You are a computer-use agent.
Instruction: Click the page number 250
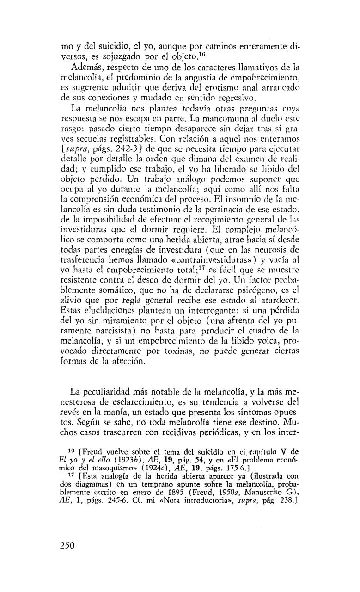(67, 545)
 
